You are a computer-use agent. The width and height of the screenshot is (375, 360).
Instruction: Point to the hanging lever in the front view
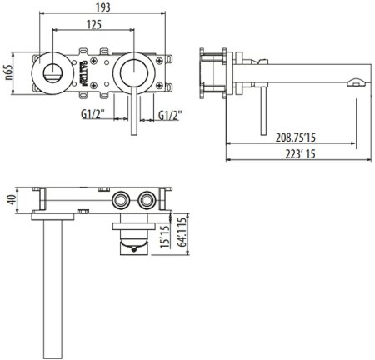[132, 108]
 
